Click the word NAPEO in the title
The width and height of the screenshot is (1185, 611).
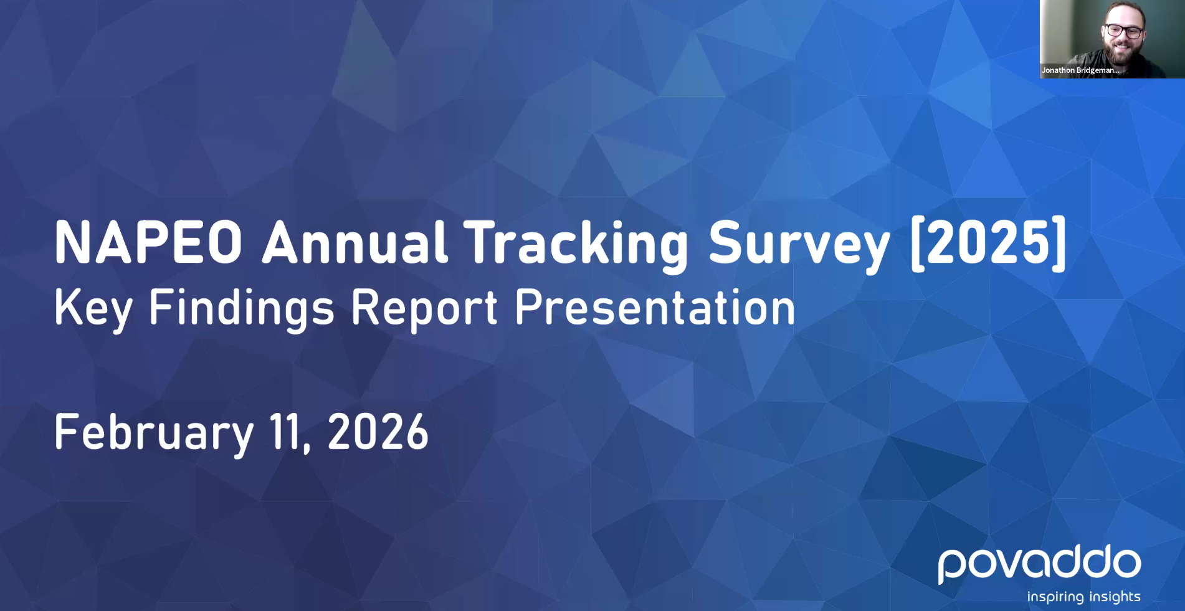148,242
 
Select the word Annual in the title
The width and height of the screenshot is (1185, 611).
355,242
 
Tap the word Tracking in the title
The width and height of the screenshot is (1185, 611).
576,246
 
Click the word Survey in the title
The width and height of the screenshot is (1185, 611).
799,246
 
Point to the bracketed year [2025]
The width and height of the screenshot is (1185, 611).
989,243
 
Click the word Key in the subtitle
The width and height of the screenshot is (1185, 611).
93,309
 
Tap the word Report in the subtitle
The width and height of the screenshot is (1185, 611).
424,309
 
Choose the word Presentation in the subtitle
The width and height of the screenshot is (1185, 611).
655,306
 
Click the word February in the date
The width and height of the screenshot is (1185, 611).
154,433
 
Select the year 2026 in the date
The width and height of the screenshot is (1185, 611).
378,431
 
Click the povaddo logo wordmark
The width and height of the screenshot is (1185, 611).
1039,564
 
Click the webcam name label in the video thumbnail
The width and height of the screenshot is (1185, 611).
1080,70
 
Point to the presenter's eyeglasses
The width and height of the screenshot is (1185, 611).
1124,31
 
